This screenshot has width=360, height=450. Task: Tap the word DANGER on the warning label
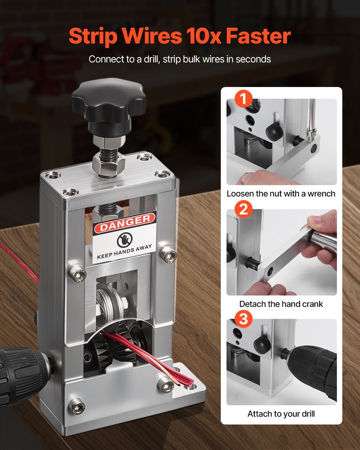click(x=124, y=223)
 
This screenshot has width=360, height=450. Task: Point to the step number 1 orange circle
click(x=243, y=99)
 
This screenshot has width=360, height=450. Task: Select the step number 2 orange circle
click(x=243, y=209)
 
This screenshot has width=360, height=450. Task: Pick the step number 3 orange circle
click(x=243, y=319)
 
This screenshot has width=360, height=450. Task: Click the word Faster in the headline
click(x=258, y=36)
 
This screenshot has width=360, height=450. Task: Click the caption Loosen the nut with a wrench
click(x=281, y=194)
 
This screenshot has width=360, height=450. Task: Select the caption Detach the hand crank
click(x=281, y=304)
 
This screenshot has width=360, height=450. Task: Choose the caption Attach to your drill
click(x=281, y=414)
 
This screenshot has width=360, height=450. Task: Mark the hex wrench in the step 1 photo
click(x=312, y=120)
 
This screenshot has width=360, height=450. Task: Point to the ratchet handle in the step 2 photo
click(x=324, y=240)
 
